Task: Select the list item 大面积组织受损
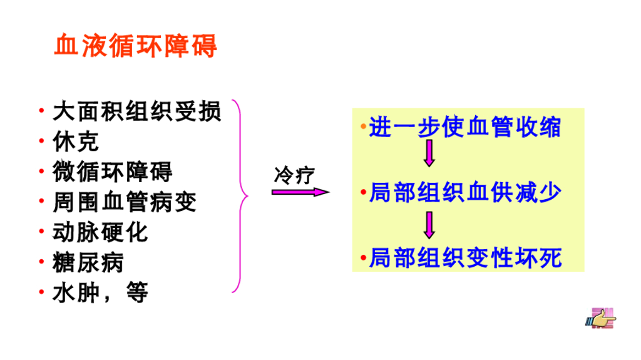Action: coord(136,112)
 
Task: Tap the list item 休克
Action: coord(76,142)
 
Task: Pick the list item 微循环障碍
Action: coord(113,172)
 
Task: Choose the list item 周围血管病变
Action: coord(125,202)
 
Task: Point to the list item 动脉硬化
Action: coord(101,232)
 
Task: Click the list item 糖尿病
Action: coord(88,262)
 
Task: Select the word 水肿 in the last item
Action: coord(76,292)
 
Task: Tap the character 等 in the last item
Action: coord(136,292)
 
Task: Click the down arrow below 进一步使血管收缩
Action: coord(429,154)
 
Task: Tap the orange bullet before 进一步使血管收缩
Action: coord(363,128)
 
